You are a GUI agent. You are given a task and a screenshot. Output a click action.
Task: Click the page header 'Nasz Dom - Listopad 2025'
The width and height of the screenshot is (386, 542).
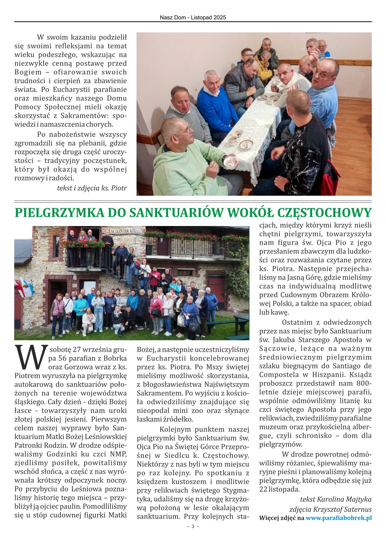pos(193,18)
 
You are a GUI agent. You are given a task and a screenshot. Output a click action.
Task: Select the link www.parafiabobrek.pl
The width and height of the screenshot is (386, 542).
pos(338,518)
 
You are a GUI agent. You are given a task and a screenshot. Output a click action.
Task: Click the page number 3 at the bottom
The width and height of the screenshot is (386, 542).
pos(193,526)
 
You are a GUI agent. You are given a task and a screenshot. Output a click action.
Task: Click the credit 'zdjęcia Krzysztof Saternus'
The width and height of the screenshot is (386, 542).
pos(330,509)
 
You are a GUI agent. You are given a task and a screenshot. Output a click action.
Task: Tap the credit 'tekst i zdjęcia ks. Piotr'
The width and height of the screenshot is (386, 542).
pos(92,188)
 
